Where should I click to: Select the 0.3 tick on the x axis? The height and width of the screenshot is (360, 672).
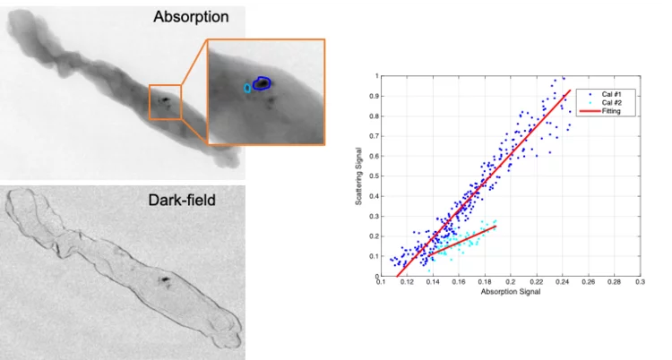click(x=640, y=283)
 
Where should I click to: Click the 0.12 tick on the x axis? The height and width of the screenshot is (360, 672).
click(x=408, y=283)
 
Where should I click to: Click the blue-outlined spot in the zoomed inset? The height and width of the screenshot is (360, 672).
click(x=261, y=83)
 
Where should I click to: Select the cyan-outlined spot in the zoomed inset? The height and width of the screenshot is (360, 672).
click(x=247, y=89)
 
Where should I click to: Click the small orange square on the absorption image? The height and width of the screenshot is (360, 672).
click(x=165, y=101)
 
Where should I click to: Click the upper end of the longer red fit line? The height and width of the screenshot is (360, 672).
click(x=570, y=90)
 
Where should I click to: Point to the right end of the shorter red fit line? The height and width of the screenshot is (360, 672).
click(x=495, y=227)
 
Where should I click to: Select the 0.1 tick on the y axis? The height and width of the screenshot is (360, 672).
click(x=376, y=256)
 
